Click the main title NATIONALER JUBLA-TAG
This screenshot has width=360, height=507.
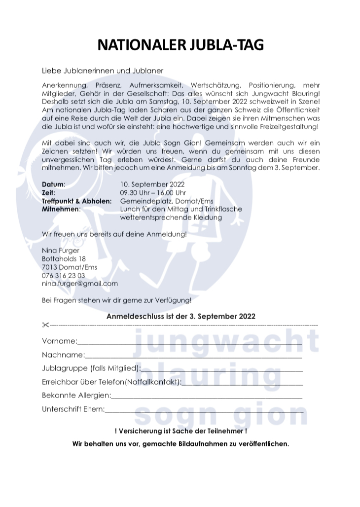(180, 45)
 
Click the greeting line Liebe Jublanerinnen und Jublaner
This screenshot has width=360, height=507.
(103, 71)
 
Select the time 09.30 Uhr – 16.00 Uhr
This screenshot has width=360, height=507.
(153, 192)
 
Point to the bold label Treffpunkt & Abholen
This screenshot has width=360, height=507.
(76, 201)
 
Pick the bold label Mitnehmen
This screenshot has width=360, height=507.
(61, 209)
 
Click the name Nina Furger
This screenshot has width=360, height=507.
(61, 251)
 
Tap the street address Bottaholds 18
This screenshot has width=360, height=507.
(64, 258)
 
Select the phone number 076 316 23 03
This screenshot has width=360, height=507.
(63, 275)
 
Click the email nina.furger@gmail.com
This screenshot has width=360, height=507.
(80, 284)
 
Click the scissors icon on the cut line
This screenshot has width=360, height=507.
(45, 325)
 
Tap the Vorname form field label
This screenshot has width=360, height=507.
(59, 341)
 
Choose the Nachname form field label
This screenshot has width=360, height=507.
(63, 355)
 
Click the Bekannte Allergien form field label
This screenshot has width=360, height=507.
(76, 395)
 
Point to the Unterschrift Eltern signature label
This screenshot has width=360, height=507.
(73, 408)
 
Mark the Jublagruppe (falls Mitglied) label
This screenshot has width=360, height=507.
(91, 368)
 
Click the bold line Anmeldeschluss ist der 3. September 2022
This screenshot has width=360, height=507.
(180, 316)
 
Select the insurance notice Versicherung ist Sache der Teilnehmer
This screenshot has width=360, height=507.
(180, 431)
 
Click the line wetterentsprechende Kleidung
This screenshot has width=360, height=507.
(171, 217)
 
